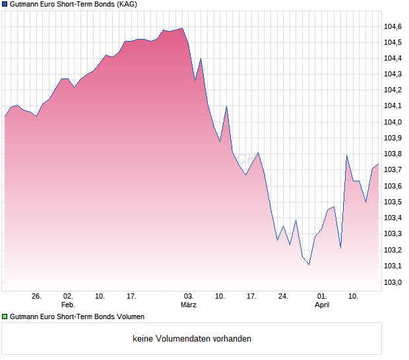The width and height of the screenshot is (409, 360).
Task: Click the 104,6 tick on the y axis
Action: pos(393,26)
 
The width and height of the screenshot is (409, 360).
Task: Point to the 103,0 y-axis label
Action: pos(393,283)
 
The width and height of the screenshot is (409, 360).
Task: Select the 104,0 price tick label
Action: pos(393,123)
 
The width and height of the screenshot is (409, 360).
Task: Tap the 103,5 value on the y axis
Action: pos(393,202)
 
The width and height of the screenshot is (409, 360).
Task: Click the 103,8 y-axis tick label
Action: pos(393,154)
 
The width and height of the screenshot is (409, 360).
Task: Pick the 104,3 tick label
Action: pos(393,75)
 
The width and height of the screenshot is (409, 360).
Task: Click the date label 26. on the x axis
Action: pos(36,297)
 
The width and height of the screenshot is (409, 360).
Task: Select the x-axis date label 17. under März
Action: pos(251,297)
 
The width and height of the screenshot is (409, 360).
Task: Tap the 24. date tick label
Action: pos(283,297)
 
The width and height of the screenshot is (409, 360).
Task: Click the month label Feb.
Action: pos(68,305)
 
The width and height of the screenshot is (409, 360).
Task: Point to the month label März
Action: pos(189,305)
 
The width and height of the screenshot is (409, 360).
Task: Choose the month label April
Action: pos(322,305)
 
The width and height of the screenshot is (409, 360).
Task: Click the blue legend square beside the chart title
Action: pos(5,5)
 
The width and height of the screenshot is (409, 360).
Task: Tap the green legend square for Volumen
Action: pos(5,317)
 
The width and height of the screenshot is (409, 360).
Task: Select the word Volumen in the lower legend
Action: pos(128,317)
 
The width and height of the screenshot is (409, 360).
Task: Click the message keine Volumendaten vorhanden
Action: pos(192,339)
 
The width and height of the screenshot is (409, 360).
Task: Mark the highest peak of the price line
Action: pos(182,28)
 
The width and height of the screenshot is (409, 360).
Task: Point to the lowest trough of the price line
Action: pos(309,265)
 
